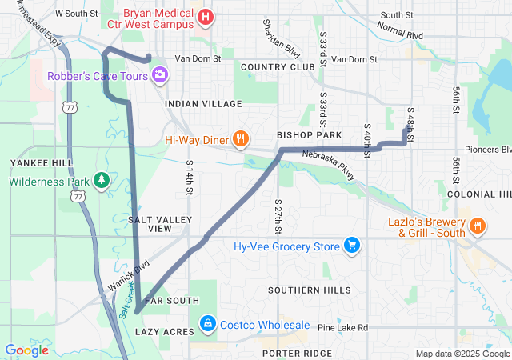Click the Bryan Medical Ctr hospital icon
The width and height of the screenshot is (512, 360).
pyautogui.click(x=205, y=16)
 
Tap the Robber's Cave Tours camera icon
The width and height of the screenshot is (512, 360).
pyautogui.click(x=160, y=74)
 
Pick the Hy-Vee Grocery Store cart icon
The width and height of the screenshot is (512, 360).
pyautogui.click(x=350, y=245)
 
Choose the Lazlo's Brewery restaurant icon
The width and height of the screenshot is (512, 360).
pyautogui.click(x=478, y=225)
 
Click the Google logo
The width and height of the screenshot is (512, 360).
pyautogui.click(x=27, y=350)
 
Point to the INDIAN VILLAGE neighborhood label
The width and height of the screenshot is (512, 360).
pyautogui.click(x=203, y=104)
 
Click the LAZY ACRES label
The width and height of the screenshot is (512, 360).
pyautogui.click(x=164, y=331)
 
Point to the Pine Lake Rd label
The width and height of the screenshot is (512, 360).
pyautogui.click(x=342, y=327)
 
